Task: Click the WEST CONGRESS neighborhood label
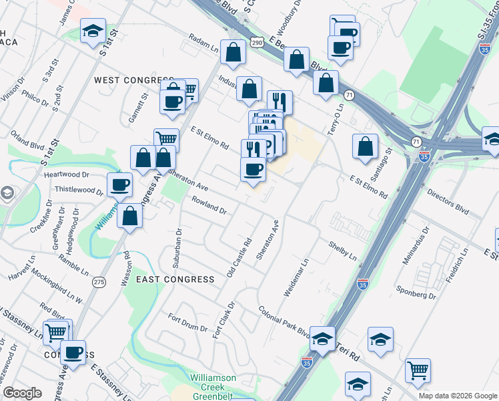[x=125, y=80]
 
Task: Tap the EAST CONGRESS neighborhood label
[x=175, y=279]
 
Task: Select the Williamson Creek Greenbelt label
[x=213, y=383]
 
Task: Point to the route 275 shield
[x=99, y=282]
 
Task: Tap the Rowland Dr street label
[x=209, y=205]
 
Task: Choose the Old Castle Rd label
[x=237, y=259]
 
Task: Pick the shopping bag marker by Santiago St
[x=365, y=148]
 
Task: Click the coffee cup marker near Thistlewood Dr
[x=120, y=184]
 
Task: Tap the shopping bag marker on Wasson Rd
[x=130, y=216]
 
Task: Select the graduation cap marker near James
[x=93, y=31]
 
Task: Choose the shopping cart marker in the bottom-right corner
[x=418, y=370]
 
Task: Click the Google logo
[x=22, y=393]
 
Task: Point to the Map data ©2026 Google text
[x=457, y=396]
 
